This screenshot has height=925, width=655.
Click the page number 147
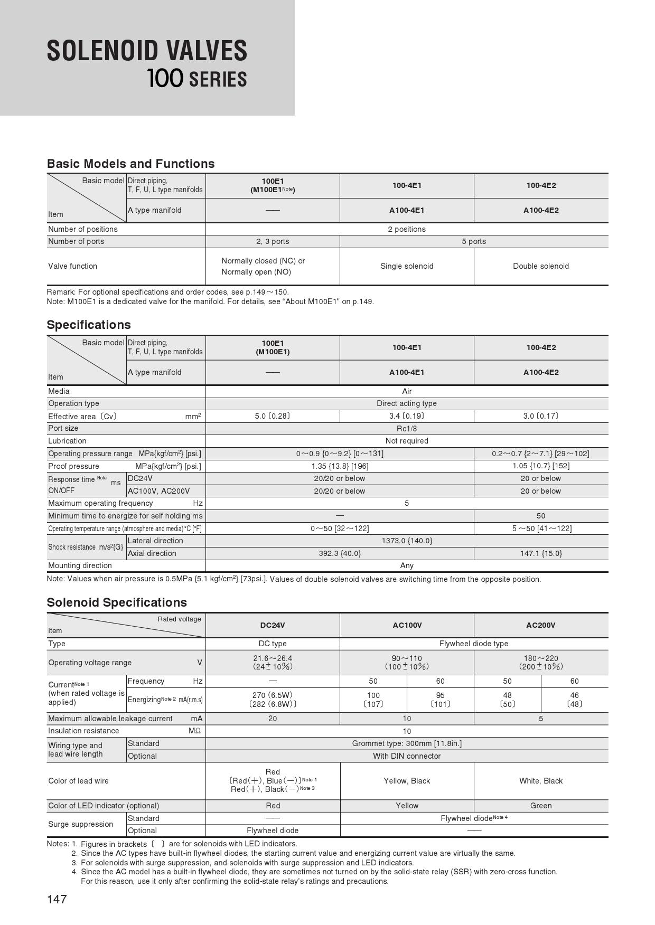(x=57, y=899)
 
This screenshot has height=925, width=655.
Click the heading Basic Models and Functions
(x=130, y=164)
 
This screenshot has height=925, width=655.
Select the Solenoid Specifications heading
(x=117, y=602)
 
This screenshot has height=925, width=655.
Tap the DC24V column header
(x=273, y=625)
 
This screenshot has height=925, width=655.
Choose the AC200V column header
(x=541, y=625)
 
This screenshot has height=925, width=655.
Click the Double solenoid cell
(x=541, y=266)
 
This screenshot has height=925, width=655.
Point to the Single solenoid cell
(x=407, y=266)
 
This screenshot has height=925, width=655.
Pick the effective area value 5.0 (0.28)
(x=273, y=416)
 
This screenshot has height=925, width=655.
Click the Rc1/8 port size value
(x=407, y=428)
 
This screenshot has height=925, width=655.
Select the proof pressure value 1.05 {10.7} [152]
(x=541, y=466)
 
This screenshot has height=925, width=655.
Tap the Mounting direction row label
(x=80, y=565)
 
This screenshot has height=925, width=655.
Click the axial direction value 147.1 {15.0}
(x=541, y=553)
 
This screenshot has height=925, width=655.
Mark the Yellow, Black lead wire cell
(x=407, y=781)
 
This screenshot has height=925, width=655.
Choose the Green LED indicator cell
(x=541, y=806)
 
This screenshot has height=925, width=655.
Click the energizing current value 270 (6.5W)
(x=273, y=695)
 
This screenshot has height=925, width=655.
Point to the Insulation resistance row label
(x=83, y=731)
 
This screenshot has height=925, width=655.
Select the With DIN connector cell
(x=407, y=756)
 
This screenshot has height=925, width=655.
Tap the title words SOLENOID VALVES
(x=147, y=51)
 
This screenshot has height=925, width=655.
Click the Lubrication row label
(x=67, y=441)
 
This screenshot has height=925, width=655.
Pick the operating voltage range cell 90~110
(x=407, y=658)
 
